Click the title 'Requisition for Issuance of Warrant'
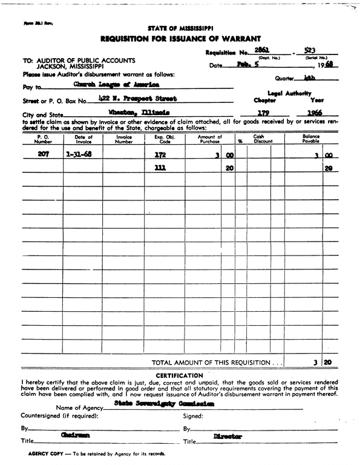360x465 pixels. click(180, 38)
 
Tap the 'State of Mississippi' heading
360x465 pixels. click(180, 28)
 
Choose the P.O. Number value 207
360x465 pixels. click(44, 155)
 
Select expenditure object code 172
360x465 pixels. click(160, 155)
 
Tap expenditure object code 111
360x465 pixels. click(160, 169)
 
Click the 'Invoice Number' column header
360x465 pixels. click(123, 139)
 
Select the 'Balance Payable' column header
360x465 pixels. click(311, 139)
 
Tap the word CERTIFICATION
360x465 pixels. click(180, 376)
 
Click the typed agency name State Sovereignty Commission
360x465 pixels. click(163, 403)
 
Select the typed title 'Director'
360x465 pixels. click(227, 436)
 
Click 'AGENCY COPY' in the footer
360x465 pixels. click(46, 453)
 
